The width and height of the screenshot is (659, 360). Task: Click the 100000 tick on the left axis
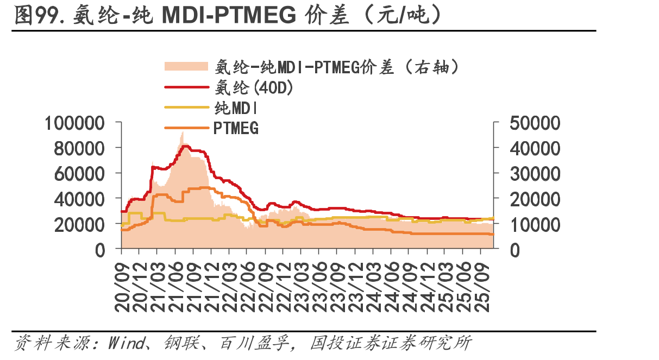(x=75, y=123)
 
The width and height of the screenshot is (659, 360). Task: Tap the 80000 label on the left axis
(x=79, y=149)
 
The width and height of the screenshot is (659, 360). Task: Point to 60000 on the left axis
(x=79, y=174)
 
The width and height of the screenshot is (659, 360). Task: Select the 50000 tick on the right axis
(x=535, y=123)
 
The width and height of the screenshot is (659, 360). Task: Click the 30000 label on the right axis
(x=535, y=174)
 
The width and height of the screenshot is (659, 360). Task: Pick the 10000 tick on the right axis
(x=535, y=225)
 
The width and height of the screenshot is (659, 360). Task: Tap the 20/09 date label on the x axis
(x=122, y=287)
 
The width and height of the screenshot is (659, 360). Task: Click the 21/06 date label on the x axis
(x=176, y=287)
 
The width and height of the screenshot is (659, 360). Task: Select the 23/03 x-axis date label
(x=302, y=287)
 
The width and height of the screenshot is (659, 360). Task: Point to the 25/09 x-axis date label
(x=481, y=287)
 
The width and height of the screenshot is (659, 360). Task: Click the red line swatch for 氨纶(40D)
(x=186, y=87)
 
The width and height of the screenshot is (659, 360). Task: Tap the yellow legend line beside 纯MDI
(x=186, y=108)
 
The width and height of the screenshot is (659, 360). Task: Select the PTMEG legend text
(x=236, y=128)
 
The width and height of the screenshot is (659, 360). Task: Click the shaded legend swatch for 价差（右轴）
(x=186, y=66)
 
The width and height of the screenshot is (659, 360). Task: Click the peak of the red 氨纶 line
(x=186, y=146)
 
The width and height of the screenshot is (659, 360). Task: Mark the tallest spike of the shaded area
(x=183, y=132)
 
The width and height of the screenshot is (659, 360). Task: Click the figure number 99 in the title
(x=47, y=15)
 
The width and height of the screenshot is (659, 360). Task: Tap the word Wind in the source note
(x=127, y=343)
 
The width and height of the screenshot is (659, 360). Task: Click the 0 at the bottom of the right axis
(x=515, y=251)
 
